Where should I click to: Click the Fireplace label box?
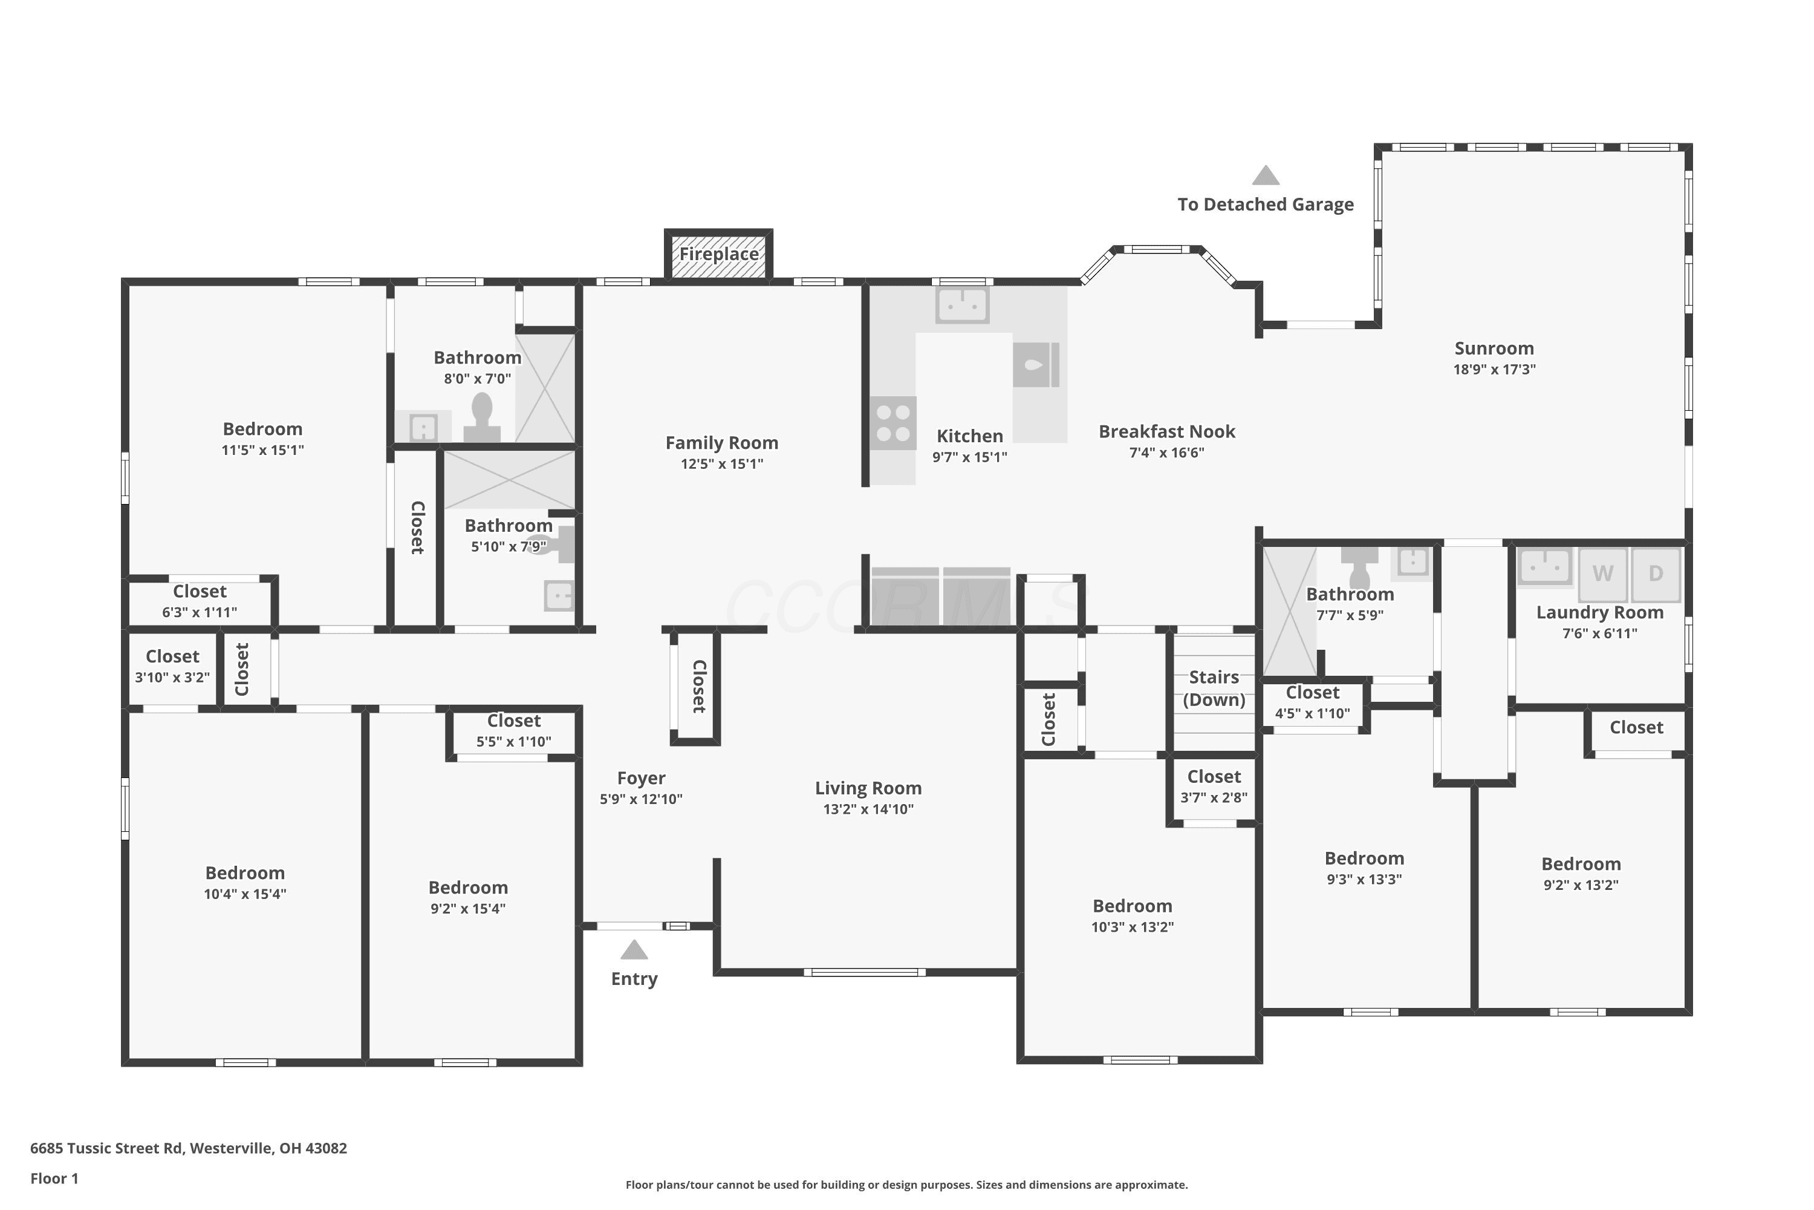tap(719, 254)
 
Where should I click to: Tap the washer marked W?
tap(1603, 574)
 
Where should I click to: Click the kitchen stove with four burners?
tap(893, 423)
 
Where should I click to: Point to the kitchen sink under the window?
tap(962, 305)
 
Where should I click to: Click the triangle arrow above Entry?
tap(634, 949)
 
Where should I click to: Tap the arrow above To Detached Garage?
tap(1266, 175)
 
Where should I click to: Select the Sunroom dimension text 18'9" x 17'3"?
tap(1494, 370)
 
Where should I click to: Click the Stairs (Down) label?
tap(1214, 688)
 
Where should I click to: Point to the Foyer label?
tap(641, 778)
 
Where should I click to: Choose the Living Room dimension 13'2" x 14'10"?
tap(868, 809)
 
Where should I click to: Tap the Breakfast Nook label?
tap(1167, 431)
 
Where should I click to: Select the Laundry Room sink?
tap(1545, 566)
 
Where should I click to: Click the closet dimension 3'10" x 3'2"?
tap(172, 678)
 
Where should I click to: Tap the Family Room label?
tap(722, 443)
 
